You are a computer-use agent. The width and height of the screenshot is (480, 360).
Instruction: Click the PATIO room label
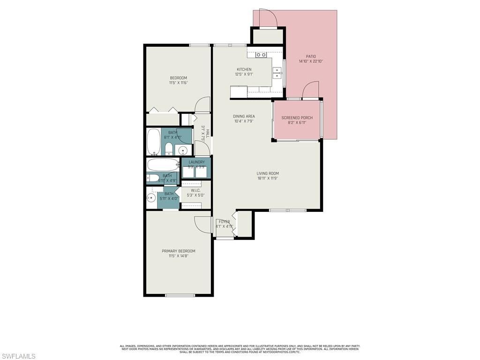point(311,56)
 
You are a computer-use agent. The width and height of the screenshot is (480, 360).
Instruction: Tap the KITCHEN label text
point(244,69)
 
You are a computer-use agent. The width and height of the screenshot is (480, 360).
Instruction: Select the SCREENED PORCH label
point(297,118)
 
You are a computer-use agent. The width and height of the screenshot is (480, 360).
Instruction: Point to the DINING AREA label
point(244,116)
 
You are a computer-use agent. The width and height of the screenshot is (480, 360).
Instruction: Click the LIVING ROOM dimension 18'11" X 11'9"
point(268,178)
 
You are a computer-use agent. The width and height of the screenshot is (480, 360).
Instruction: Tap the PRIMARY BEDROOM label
point(179,251)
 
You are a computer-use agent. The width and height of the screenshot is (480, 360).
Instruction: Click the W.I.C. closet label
point(195,190)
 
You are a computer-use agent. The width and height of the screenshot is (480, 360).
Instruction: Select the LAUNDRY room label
point(196,162)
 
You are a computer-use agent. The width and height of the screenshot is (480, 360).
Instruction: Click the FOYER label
point(224,222)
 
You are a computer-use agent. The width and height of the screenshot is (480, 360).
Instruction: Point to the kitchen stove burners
point(261,55)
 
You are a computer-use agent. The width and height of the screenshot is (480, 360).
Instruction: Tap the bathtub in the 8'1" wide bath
point(153,142)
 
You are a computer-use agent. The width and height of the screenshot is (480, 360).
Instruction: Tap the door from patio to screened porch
point(310,90)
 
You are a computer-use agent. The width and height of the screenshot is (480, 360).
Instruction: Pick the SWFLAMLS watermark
point(18,356)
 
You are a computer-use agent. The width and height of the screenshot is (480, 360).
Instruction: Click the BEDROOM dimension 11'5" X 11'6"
point(178,83)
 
